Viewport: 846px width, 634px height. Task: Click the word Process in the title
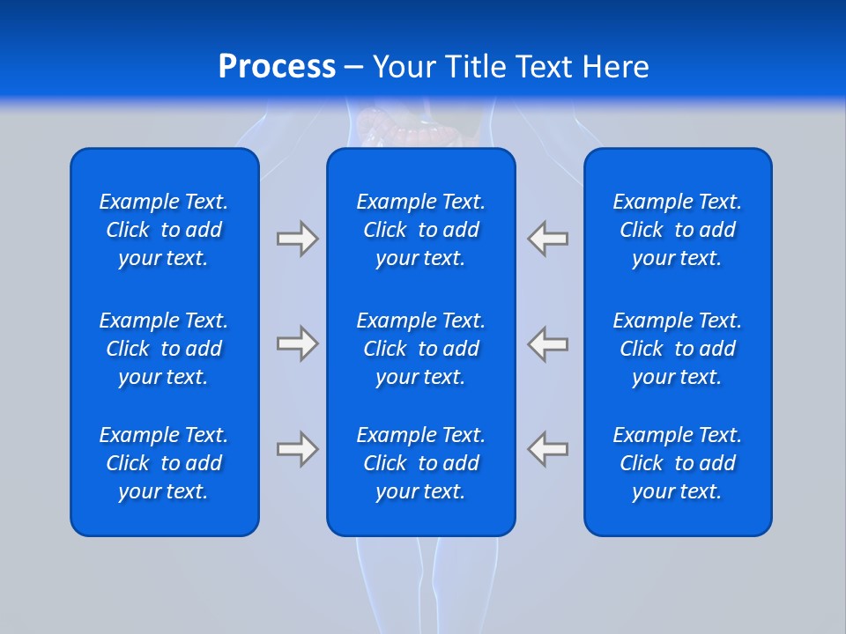(277, 67)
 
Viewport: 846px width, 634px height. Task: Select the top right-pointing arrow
(297, 239)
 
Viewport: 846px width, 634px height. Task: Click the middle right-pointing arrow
(297, 343)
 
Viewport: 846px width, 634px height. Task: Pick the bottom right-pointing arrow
(297, 449)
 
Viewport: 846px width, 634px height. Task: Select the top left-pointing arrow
(548, 239)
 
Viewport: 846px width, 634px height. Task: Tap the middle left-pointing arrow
(548, 343)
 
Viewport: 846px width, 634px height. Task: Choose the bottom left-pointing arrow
(548, 449)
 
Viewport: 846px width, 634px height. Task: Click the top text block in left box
(164, 230)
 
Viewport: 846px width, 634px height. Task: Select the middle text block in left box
(164, 349)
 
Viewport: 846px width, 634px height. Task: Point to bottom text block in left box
(164, 463)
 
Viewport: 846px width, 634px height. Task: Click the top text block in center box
(421, 230)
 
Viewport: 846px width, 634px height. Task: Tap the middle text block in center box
(421, 349)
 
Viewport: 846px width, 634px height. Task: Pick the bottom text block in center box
(421, 463)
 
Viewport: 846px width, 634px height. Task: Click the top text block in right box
(678, 230)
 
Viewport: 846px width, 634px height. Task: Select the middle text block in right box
(678, 349)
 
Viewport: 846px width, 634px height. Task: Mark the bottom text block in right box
(678, 463)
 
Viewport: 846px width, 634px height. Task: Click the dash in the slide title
(353, 69)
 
